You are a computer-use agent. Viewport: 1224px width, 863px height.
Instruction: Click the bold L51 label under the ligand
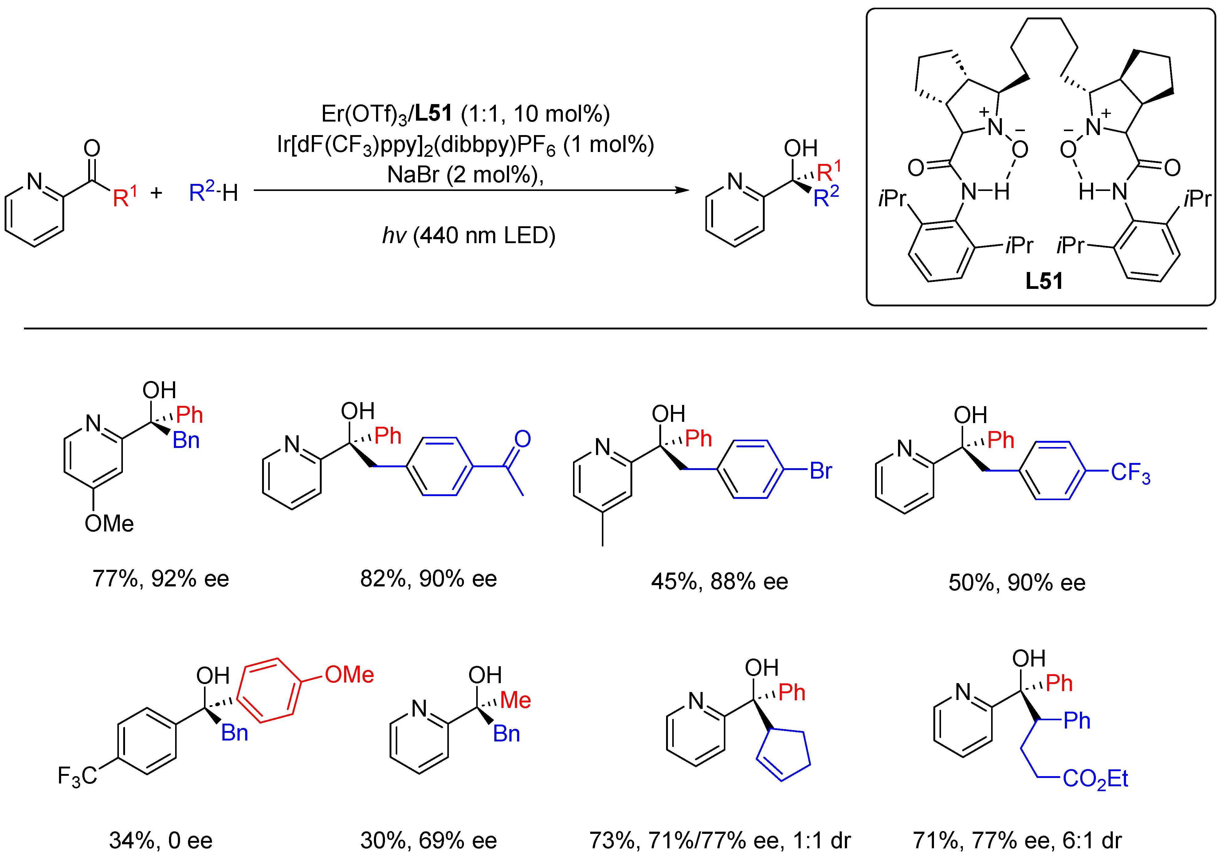(x=1044, y=281)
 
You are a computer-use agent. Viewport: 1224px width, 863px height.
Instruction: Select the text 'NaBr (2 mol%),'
(x=465, y=175)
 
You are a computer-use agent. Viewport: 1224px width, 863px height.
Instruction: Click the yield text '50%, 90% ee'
(x=1017, y=582)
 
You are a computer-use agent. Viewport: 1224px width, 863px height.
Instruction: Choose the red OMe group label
(x=349, y=675)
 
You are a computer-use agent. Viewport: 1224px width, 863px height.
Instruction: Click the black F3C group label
(x=78, y=776)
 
